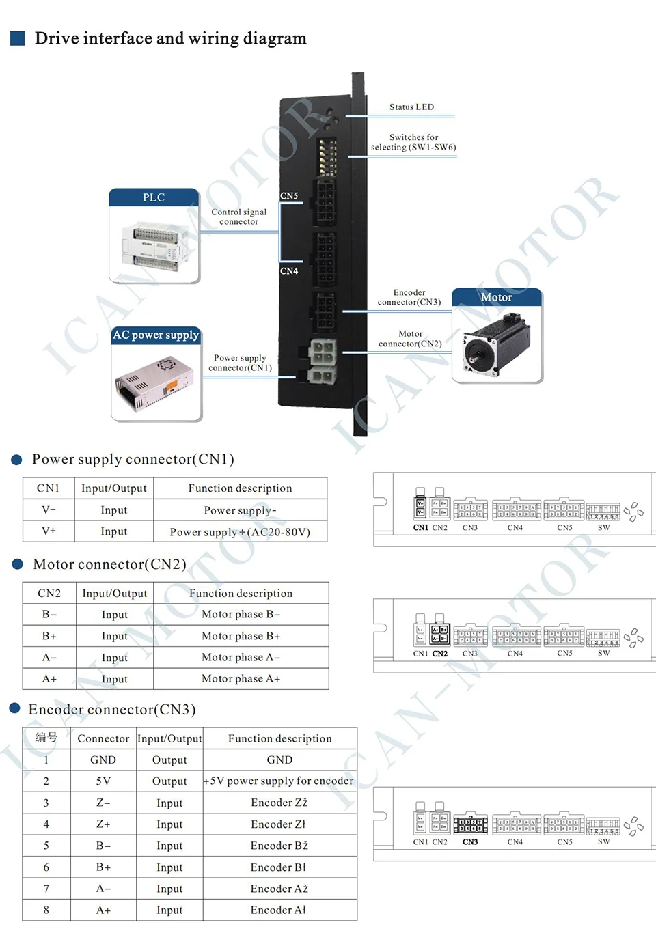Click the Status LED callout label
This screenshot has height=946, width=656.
coord(411,107)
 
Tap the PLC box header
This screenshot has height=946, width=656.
coord(154,197)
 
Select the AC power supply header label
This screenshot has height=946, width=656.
coord(156,335)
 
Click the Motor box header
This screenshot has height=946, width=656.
coord(496,297)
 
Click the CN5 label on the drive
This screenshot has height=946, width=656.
coord(289,196)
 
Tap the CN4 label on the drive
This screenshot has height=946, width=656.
coord(289,271)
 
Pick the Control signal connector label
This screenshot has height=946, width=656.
coord(238,217)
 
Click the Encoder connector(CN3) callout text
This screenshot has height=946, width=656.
coord(409,297)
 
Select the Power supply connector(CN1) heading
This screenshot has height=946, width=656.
coord(133,459)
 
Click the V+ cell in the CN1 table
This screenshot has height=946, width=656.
coord(49,531)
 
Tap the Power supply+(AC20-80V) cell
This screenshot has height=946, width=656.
coord(240,532)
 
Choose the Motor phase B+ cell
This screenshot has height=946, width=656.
coord(241,636)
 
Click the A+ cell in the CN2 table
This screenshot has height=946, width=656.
coord(49,679)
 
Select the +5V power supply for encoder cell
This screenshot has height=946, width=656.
coord(279,781)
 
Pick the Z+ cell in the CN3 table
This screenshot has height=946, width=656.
coord(103,824)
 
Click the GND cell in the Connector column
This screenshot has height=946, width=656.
coord(103,760)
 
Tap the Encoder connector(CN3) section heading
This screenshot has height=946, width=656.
coord(112,710)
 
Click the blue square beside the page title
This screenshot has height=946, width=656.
coord(18,38)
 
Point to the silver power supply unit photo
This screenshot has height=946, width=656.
coord(156,382)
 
